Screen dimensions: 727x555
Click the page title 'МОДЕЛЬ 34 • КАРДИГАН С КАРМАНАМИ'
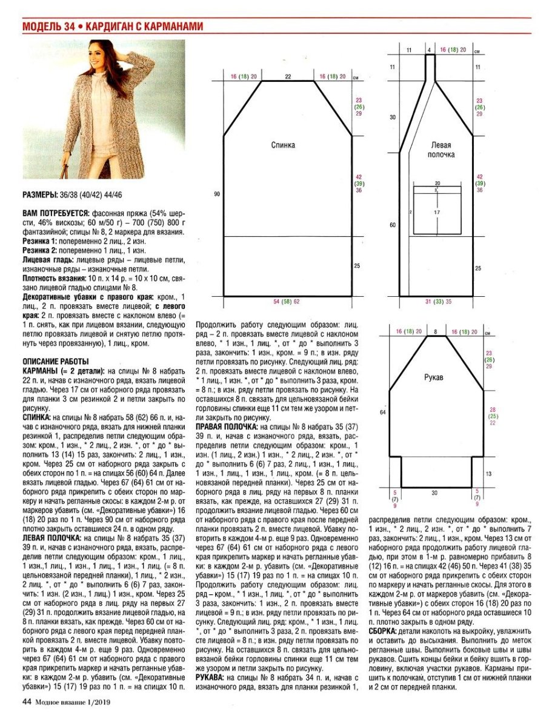(112, 27)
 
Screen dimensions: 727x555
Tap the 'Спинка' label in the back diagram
(283, 145)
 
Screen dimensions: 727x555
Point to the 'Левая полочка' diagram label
(443, 150)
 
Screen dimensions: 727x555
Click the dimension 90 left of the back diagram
(216, 194)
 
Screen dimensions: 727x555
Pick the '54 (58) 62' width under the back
(287, 301)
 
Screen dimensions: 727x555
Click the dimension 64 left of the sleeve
(383, 411)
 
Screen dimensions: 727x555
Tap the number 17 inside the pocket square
(436, 213)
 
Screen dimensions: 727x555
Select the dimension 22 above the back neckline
(288, 77)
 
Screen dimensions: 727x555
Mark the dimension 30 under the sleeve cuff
(434, 493)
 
